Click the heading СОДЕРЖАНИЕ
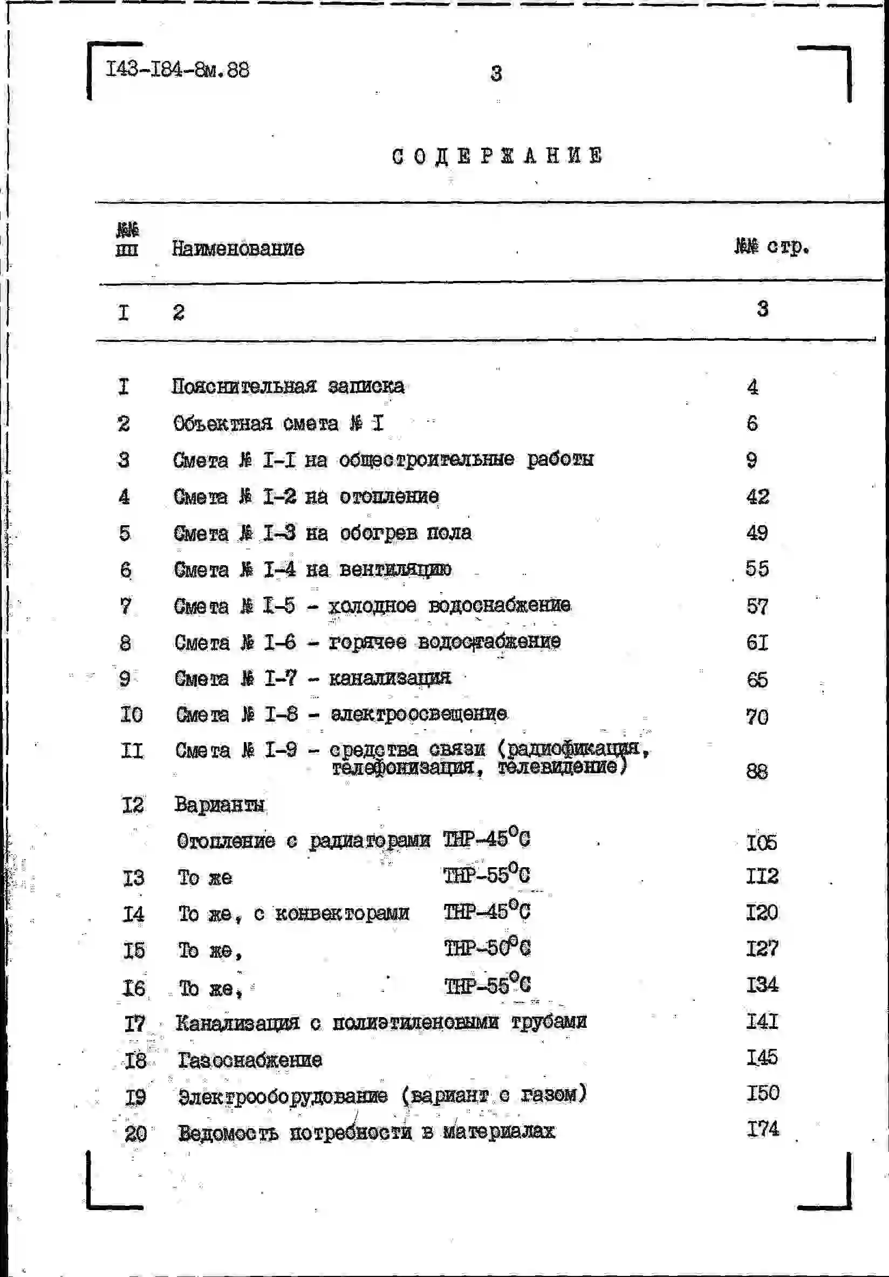tap(497, 156)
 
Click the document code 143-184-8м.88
tap(177, 70)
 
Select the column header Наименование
tap(237, 248)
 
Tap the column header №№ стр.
tap(771, 245)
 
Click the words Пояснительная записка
tap(288, 386)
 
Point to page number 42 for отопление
tap(757, 496)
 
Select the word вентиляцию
tap(395, 569)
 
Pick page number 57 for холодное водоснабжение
tap(757, 606)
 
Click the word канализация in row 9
tap(389, 678)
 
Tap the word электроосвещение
tap(419, 713)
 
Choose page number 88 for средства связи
tap(757, 771)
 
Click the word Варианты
tap(219, 804)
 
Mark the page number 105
tap(761, 843)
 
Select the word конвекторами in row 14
tap(342, 913)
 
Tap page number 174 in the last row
tap(762, 1129)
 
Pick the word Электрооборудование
tap(283, 1096)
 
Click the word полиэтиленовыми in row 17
tap(415, 1022)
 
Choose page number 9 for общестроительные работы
tap(751, 460)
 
